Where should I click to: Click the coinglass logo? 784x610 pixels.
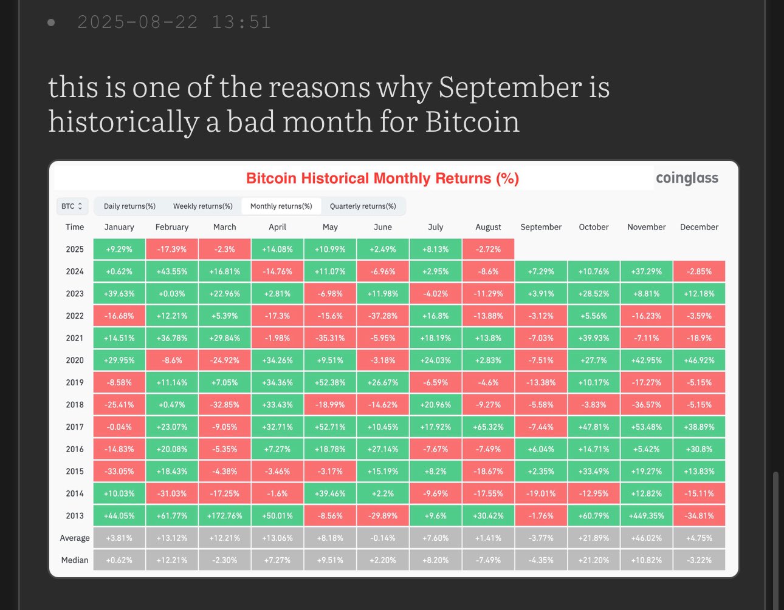pyautogui.click(x=687, y=178)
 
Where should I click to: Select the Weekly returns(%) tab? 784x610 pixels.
pyautogui.click(x=202, y=206)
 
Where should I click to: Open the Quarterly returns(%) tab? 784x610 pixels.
pyautogui.click(x=363, y=206)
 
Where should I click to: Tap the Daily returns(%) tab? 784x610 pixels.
pyautogui.click(x=129, y=206)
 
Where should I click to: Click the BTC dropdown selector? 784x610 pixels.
pyautogui.click(x=72, y=206)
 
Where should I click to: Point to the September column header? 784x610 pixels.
pyautogui.click(x=541, y=227)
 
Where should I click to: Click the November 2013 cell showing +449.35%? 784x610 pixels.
pyautogui.click(x=647, y=516)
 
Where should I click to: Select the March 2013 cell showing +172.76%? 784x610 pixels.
pyautogui.click(x=224, y=516)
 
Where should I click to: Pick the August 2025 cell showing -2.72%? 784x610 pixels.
pyautogui.click(x=488, y=249)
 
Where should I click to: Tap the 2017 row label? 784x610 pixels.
pyautogui.click(x=75, y=427)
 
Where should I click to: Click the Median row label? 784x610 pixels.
pyautogui.click(x=75, y=560)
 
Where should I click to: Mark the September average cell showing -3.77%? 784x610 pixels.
pyautogui.click(x=541, y=538)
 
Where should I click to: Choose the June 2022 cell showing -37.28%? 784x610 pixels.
pyautogui.click(x=383, y=316)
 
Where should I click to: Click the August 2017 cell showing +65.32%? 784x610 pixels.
pyautogui.click(x=488, y=427)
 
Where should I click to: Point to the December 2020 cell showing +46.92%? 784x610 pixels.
pyautogui.click(x=699, y=361)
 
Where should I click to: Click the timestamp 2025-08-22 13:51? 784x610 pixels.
pyautogui.click(x=174, y=22)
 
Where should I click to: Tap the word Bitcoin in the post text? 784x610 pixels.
pyautogui.click(x=472, y=121)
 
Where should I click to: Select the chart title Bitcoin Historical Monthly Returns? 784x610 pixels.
pyautogui.click(x=382, y=178)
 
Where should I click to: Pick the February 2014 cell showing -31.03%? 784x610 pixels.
pyautogui.click(x=172, y=494)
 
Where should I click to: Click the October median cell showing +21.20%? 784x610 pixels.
pyautogui.click(x=594, y=560)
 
